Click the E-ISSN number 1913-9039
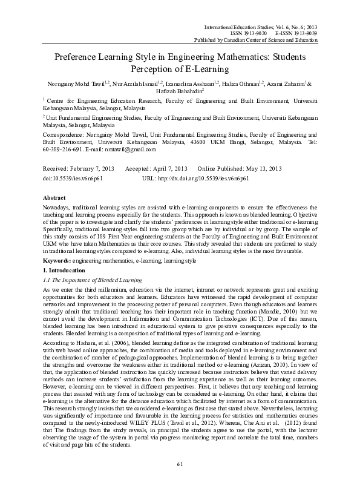(304, 34)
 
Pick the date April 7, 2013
(168, 168)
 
